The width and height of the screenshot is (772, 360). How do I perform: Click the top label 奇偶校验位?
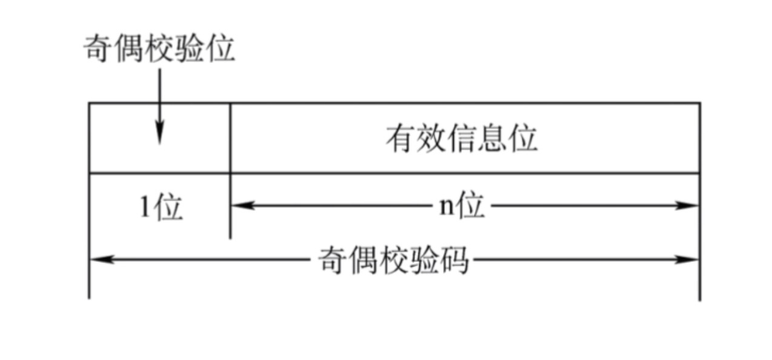click(159, 48)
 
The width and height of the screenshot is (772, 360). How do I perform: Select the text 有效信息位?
click(461, 139)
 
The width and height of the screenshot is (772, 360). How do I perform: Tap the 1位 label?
click(161, 208)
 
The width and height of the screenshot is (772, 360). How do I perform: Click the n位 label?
click(461, 207)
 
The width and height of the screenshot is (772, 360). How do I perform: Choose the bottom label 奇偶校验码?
click(394, 261)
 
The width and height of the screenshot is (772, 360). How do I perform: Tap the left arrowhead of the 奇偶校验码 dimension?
click(97, 259)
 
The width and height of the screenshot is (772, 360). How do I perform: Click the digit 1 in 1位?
click(145, 208)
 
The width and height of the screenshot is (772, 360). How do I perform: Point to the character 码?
click(454, 261)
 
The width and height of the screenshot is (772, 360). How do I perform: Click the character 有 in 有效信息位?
click(401, 139)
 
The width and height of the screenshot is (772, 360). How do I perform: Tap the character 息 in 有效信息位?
click(491, 139)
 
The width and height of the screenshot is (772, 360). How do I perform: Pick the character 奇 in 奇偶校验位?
click(98, 48)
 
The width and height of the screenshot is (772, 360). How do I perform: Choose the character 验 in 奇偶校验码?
click(424, 261)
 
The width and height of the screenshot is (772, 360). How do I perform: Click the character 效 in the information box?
click(431, 139)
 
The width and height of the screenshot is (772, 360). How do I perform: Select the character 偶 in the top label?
click(128, 48)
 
